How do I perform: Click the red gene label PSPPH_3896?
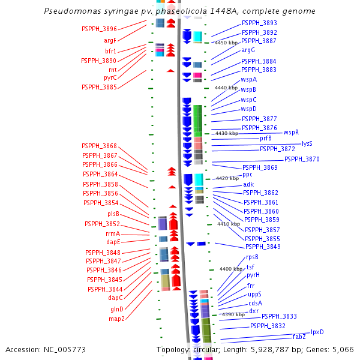point(99,29)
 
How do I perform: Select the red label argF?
point(110,40)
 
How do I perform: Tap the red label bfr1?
point(110,51)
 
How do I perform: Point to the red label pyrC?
point(110,77)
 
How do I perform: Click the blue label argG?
point(248,50)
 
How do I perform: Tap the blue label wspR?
point(291,132)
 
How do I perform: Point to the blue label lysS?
point(307,143)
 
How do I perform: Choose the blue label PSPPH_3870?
point(302,159)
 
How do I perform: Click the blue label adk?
point(248,184)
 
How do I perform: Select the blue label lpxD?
point(317,332)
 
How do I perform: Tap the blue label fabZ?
point(299,337)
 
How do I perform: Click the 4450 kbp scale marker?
point(226,43)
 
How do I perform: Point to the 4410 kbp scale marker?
point(229,224)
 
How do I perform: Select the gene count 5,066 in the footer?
point(342,349)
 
